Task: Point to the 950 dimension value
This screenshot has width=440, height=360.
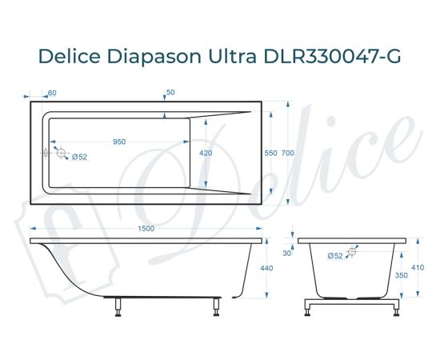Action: click(x=119, y=142)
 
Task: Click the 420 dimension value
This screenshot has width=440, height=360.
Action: click(x=206, y=153)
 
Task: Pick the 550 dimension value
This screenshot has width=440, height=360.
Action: click(x=270, y=153)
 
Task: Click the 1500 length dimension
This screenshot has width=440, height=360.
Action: click(x=146, y=229)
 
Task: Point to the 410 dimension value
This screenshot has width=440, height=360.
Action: click(x=417, y=269)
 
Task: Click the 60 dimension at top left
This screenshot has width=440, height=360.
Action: click(x=52, y=93)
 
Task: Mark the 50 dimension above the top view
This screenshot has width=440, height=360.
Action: click(x=170, y=93)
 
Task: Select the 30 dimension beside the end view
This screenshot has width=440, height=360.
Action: click(x=288, y=254)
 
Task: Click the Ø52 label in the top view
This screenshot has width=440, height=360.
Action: click(x=79, y=157)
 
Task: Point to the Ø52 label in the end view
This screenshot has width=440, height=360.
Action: click(x=335, y=255)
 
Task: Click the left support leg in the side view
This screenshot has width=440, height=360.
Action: click(x=118, y=305)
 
